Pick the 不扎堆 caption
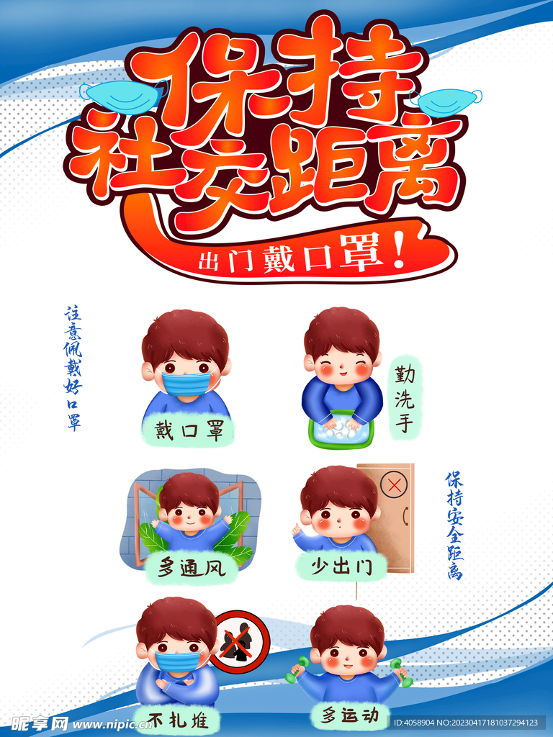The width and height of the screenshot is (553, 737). [178, 719]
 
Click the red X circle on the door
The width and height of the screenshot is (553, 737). [394, 484]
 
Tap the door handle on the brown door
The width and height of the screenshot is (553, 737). [405, 517]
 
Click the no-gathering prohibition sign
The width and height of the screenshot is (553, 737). [240, 641]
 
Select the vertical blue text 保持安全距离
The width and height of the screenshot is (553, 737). [455, 525]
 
